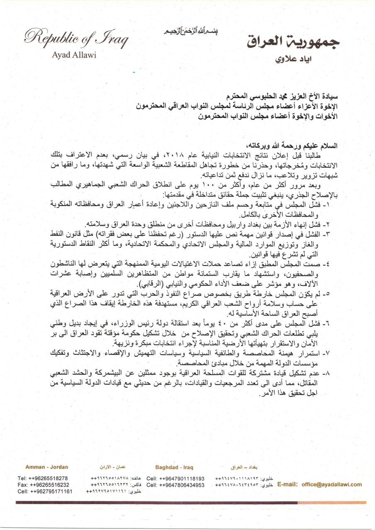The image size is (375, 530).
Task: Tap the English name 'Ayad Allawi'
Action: [74, 55]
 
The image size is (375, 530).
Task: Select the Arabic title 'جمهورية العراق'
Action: [293, 42]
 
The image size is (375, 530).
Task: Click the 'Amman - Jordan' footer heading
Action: [47, 467]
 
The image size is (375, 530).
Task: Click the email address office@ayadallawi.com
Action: [332, 484]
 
